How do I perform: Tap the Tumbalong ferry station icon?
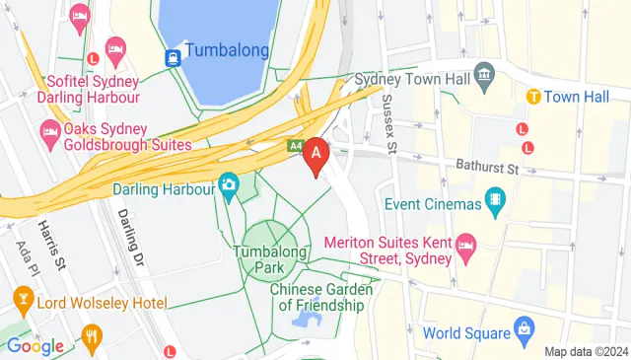[x=173, y=57]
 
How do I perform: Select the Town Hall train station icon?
[x=533, y=97]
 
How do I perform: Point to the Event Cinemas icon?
[x=495, y=205]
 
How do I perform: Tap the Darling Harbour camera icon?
[x=229, y=184]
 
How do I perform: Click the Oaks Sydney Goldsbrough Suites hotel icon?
[x=48, y=131]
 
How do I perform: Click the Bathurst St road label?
[x=487, y=169]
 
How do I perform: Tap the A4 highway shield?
[x=295, y=146]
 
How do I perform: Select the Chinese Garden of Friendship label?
[x=320, y=297]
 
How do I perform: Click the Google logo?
[x=35, y=346]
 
